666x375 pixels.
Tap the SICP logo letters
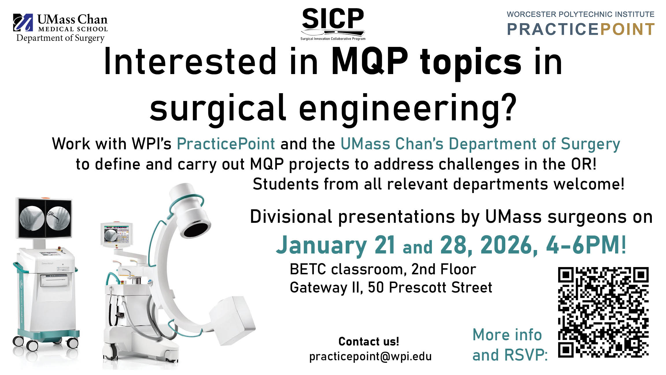(x=333, y=19)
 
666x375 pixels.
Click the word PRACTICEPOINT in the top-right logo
(x=580, y=29)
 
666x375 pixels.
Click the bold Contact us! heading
(x=369, y=341)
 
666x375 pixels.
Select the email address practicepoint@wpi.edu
(x=370, y=356)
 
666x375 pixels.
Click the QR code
(x=603, y=312)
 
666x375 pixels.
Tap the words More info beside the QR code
(x=507, y=335)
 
